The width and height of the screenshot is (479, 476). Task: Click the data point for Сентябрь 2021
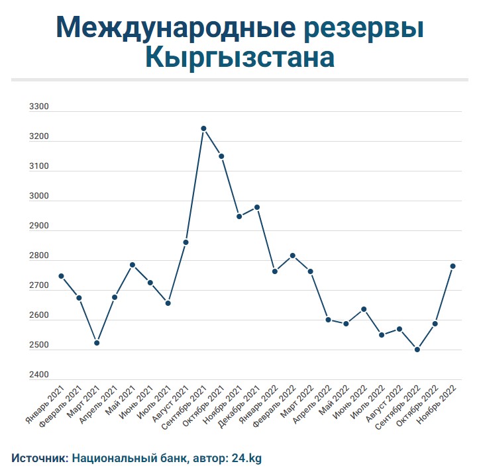(203, 128)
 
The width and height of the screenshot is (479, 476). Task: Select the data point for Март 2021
(97, 343)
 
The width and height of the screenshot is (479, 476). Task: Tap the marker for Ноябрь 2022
(453, 266)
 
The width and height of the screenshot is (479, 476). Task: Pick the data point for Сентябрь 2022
(417, 350)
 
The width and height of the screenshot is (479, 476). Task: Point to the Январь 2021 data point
(61, 276)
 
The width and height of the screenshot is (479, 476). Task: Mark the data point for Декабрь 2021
(257, 207)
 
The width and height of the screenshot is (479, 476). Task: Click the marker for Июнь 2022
(364, 309)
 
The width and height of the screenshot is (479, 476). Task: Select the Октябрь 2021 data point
(221, 157)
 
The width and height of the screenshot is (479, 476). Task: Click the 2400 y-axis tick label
(39, 375)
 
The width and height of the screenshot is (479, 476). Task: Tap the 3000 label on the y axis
(39, 197)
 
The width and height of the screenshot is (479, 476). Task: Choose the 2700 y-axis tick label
(39, 286)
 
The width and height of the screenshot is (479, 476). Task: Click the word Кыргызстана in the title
(239, 58)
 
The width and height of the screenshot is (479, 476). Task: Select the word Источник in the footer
(38, 457)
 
